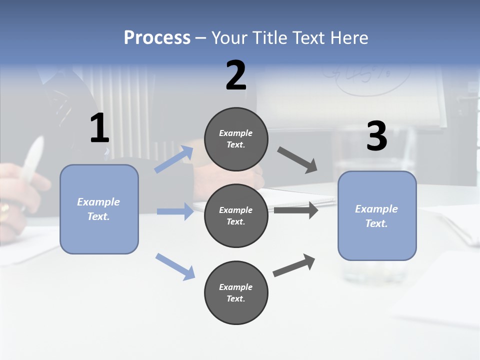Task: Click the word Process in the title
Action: point(157,38)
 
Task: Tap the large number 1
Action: point(99,128)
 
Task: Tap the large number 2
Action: point(236,75)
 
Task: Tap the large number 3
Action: point(376,136)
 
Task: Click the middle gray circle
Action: point(236,215)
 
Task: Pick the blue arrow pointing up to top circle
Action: point(174,159)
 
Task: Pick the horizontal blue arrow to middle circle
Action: point(175,211)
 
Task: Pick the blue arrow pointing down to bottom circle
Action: point(175,266)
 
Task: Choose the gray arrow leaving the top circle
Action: point(297,160)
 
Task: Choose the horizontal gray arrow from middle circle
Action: point(295,210)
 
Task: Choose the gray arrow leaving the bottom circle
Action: point(294,265)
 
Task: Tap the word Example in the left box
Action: point(98,202)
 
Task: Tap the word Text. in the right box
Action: point(376,223)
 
